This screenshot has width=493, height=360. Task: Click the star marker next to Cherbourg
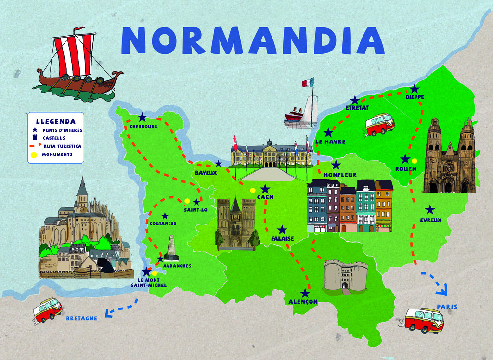[143, 117]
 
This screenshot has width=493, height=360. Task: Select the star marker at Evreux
[430, 210]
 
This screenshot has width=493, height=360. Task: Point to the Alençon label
[303, 302]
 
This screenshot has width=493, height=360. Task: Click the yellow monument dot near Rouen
[415, 161]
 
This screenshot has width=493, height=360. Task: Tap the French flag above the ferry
[308, 83]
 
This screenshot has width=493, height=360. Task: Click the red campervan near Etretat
[379, 124]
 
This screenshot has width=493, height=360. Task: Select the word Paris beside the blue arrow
[447, 307]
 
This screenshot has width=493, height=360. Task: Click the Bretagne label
[81, 318]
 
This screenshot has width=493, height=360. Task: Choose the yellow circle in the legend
[34, 155]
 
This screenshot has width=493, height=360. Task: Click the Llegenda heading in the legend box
[55, 121]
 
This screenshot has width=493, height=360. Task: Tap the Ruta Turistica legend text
[62, 146]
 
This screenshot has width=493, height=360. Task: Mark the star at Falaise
[282, 230]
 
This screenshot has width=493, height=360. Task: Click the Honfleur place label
[340, 175]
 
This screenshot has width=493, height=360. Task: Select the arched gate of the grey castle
[345, 285]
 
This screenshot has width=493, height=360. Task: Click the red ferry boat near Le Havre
[294, 115]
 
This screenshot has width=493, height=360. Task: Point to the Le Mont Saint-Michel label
[148, 283]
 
